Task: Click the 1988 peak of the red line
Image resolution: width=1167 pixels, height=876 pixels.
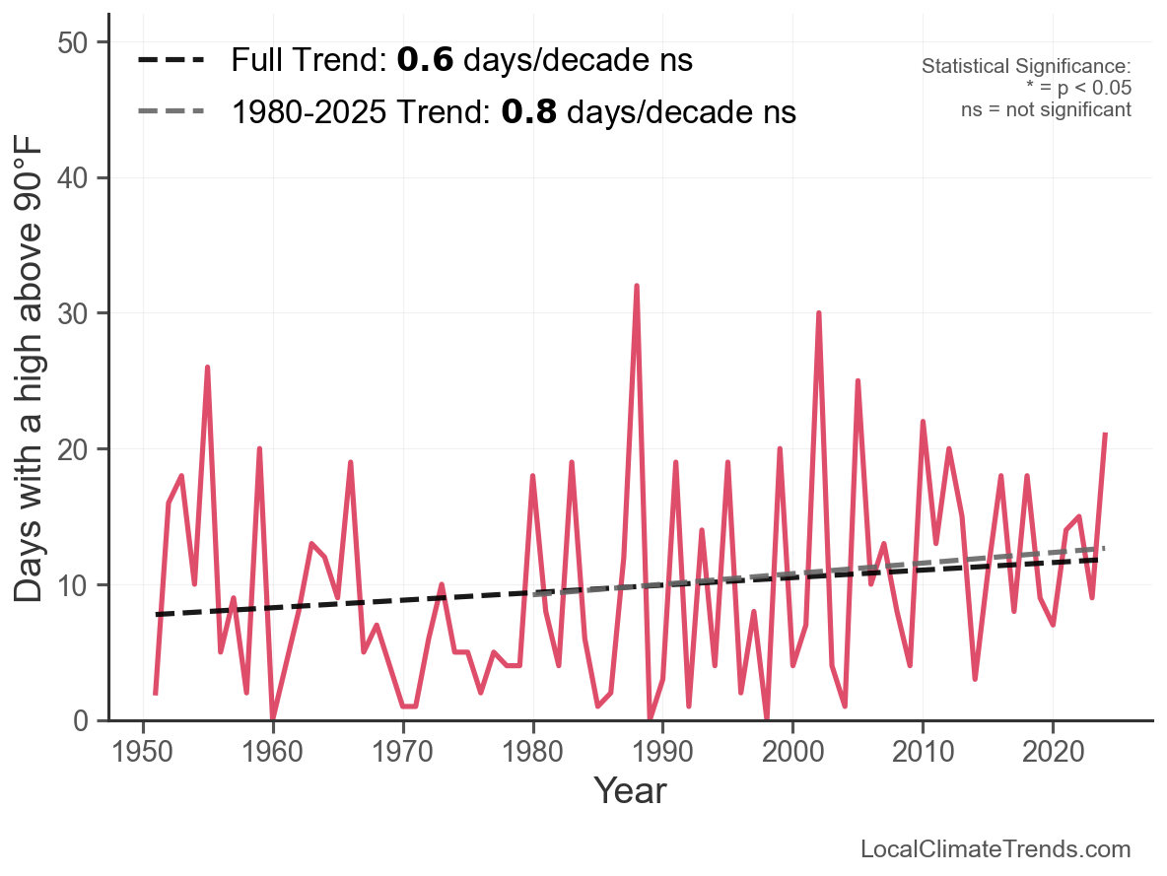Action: pos(637,286)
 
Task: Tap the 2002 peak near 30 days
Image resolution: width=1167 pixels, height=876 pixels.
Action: pos(818,313)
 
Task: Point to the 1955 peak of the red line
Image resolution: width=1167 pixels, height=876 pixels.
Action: pos(208,368)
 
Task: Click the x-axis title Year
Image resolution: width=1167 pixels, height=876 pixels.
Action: pos(630,790)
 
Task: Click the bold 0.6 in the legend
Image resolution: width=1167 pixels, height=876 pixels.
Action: pos(426,61)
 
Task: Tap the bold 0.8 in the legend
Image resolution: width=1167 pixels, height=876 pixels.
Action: pos(529,111)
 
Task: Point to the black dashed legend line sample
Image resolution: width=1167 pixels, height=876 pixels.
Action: pos(172,61)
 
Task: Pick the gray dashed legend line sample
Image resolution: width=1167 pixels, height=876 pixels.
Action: pos(172,110)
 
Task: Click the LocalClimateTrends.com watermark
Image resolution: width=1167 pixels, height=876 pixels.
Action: pos(995,849)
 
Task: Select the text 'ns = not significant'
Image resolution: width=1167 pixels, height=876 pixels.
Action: pos(1046,109)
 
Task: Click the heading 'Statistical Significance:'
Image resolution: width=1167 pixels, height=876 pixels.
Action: pos(1026,67)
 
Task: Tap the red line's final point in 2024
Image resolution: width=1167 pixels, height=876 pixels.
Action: pos(1105,434)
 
